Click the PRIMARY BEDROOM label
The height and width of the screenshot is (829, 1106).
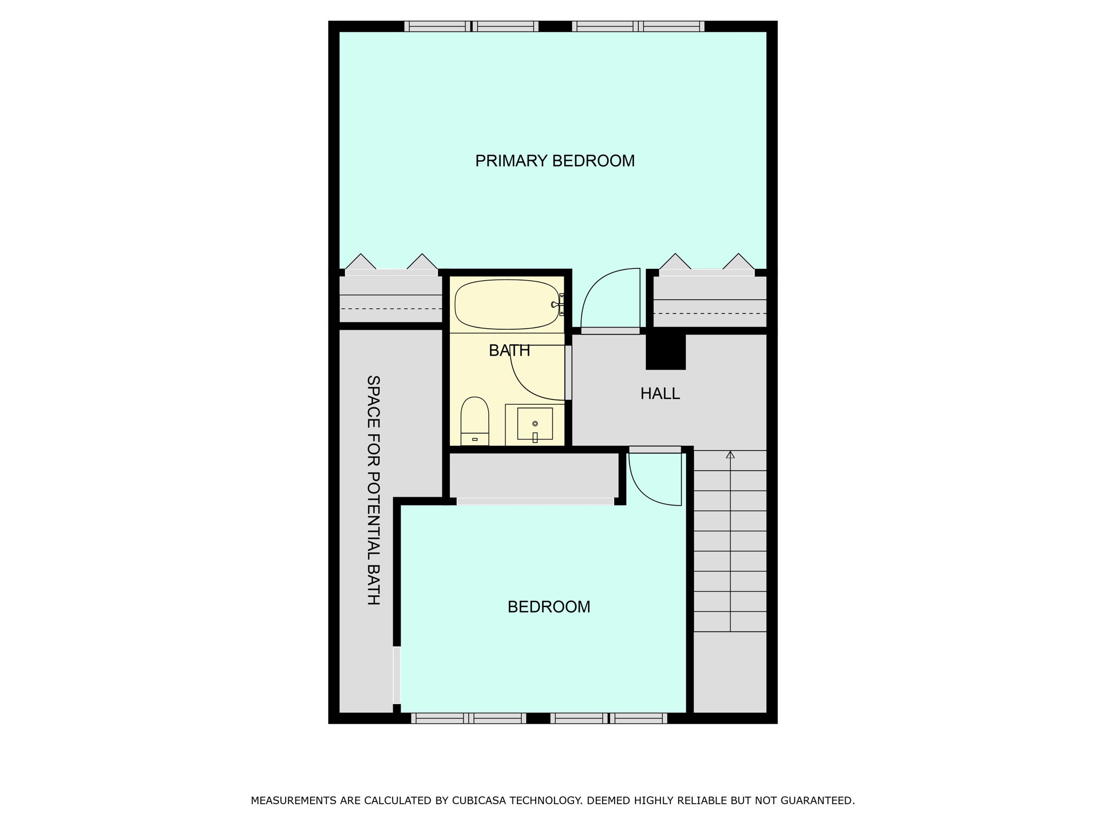click(555, 161)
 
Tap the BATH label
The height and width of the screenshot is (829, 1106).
click(509, 351)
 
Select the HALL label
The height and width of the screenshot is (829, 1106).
click(660, 394)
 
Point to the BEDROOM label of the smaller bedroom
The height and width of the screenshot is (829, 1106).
click(549, 607)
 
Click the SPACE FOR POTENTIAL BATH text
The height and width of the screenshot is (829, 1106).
click(373, 490)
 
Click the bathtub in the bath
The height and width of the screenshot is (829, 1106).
click(506, 304)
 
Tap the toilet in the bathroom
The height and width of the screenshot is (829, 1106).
click(475, 419)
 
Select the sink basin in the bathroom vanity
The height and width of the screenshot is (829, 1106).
click(535, 424)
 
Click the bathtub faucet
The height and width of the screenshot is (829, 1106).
click(556, 305)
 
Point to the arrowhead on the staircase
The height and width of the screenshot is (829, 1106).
click(730, 454)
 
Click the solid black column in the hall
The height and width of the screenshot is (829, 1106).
click(666, 351)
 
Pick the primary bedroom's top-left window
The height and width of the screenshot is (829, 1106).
click(471, 26)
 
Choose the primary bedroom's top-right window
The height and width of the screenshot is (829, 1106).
click(638, 26)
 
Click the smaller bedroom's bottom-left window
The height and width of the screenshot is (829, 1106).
click(468, 718)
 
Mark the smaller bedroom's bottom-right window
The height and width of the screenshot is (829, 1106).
click(609, 718)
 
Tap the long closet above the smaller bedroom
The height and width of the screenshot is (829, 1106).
click(534, 475)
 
